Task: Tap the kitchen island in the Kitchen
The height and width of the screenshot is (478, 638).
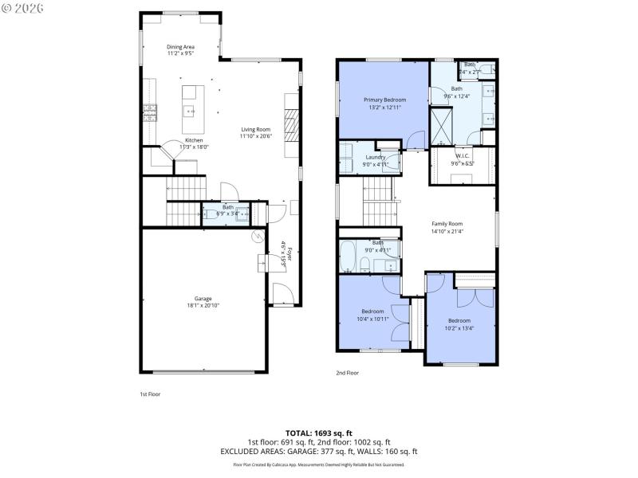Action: point(191,110)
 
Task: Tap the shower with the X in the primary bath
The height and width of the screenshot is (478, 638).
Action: point(441,123)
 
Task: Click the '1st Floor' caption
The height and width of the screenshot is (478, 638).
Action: point(150,394)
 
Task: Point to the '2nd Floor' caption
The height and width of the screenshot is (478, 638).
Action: point(347,373)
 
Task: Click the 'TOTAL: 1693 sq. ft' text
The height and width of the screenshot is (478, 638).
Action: point(318,433)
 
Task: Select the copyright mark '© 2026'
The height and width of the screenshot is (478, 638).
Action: point(23,8)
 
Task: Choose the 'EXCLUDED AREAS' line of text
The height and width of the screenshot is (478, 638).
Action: point(318,451)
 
